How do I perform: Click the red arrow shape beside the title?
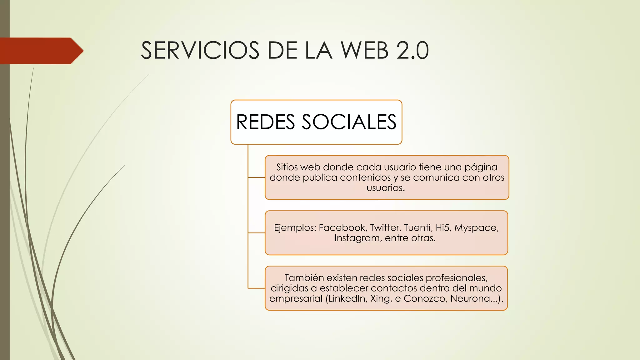[x=41, y=51]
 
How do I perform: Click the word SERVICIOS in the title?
[x=200, y=51]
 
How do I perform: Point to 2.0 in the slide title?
[x=413, y=51]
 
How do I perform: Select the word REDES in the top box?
[x=265, y=122]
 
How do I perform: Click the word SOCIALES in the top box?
[x=349, y=122]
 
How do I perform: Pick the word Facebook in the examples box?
[x=343, y=227]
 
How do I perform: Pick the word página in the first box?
[x=481, y=167]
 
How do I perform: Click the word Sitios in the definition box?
[x=287, y=167]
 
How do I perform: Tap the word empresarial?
[x=296, y=299]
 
